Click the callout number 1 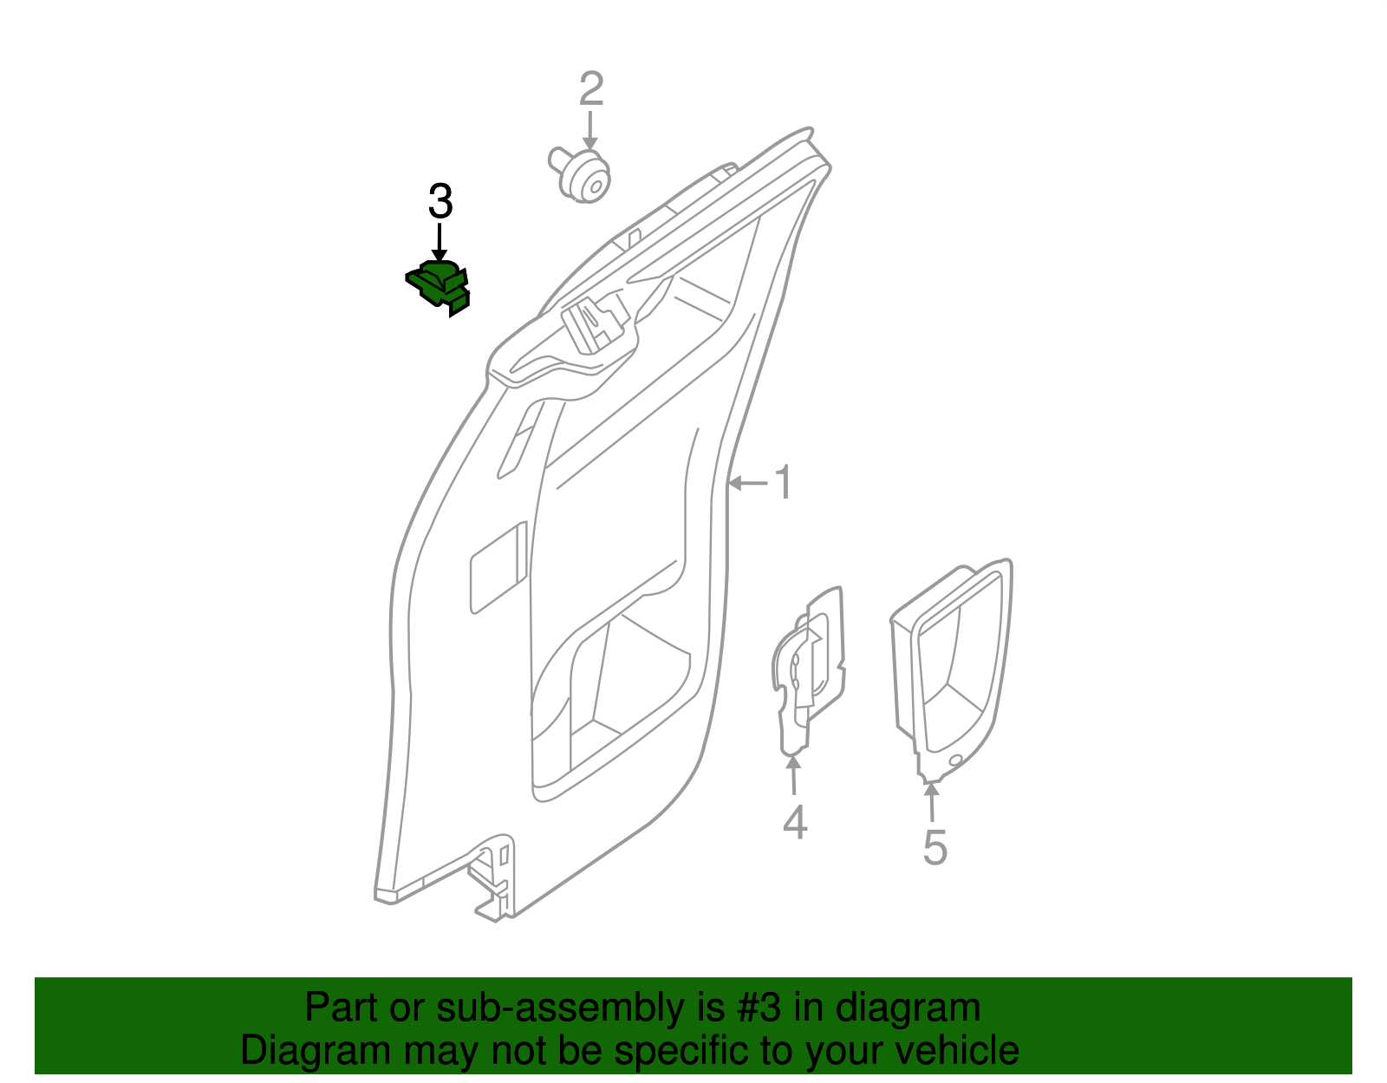[x=783, y=483]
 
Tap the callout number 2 [x=590, y=89]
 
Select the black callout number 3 [x=440, y=202]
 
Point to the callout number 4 [x=794, y=822]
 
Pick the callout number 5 [x=934, y=847]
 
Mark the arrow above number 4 [x=793, y=774]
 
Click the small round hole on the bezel [x=956, y=760]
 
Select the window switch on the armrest [x=596, y=323]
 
